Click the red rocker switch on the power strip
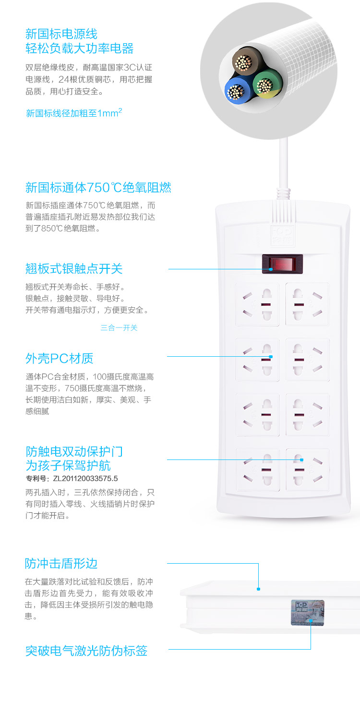click(x=282, y=264)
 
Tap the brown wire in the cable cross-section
click(x=246, y=61)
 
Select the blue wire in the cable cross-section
click(x=238, y=91)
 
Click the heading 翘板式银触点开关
click(x=74, y=269)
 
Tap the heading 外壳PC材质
click(x=60, y=358)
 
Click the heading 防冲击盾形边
click(x=61, y=564)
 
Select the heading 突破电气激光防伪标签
click(x=86, y=651)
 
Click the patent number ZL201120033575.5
click(x=85, y=478)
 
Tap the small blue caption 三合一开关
click(x=119, y=327)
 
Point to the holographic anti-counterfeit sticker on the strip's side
click(x=307, y=612)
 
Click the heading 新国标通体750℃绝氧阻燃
click(x=98, y=187)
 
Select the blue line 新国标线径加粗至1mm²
click(x=74, y=113)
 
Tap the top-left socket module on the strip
click(x=257, y=304)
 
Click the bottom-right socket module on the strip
click(x=308, y=470)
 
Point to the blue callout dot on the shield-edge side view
click(x=258, y=589)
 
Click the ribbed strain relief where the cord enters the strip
click(x=283, y=193)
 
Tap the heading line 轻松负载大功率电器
click(x=80, y=48)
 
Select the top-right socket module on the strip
click(x=307, y=304)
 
